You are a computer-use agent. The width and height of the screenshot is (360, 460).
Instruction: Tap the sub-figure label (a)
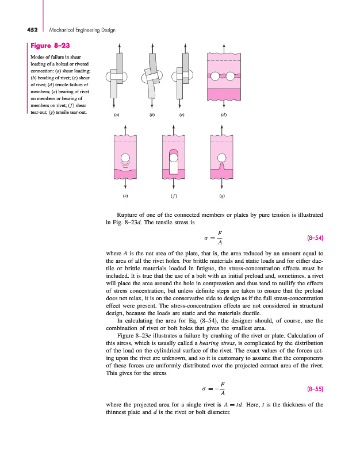(117, 116)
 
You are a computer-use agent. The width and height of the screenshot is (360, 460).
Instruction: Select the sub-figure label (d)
(224, 116)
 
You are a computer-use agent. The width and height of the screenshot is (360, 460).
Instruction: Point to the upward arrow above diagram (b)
(152, 48)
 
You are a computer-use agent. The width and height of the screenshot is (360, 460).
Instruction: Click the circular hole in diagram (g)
(222, 158)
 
